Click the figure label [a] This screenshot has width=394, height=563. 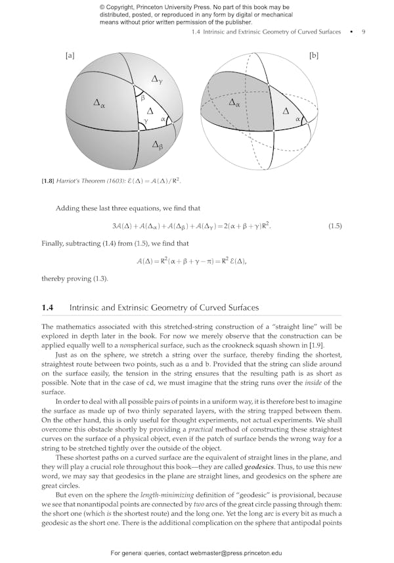point(70,56)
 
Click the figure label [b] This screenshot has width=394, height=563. point(313,56)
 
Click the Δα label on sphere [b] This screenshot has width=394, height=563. point(234,103)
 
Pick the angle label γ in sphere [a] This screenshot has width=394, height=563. point(146,121)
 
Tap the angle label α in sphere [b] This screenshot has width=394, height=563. point(297,120)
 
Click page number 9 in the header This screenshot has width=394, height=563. point(363,32)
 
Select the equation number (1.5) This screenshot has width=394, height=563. point(334,226)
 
